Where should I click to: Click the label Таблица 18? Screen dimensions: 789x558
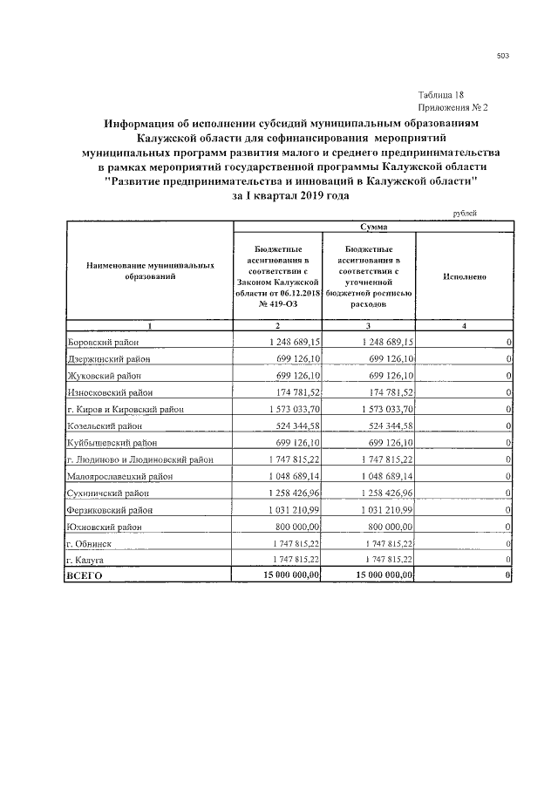(446, 94)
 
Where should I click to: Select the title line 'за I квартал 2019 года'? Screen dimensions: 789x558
(290, 196)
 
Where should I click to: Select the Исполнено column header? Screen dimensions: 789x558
(464, 276)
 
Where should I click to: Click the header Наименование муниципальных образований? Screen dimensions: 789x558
(149, 269)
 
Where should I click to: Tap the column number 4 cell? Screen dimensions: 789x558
(464, 326)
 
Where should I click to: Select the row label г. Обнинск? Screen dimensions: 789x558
(93, 543)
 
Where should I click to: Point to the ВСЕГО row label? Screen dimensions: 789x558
(85, 576)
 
